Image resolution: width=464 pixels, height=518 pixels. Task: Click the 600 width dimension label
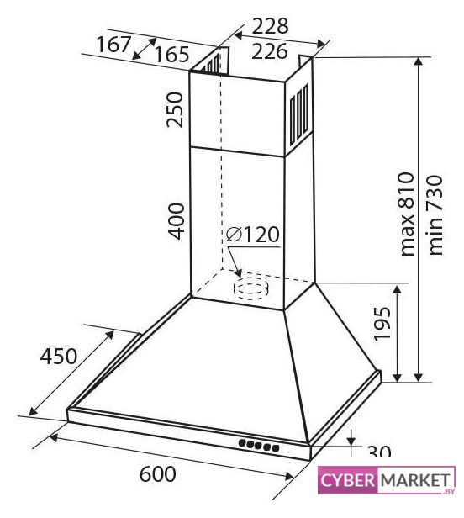point(157,474)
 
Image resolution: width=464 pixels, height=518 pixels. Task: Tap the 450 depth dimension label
point(59,357)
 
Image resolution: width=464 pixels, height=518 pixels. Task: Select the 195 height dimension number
point(382,324)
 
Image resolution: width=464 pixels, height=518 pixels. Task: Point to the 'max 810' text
point(406,214)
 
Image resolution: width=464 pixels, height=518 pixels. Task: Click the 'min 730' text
point(435,214)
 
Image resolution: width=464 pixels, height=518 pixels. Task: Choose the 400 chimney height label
point(176,221)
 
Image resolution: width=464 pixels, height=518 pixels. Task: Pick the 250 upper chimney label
point(175,109)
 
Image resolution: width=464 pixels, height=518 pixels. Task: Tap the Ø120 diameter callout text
point(253,235)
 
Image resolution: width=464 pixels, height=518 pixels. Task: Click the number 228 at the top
point(270,26)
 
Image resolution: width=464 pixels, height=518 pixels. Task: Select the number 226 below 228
point(270,51)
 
